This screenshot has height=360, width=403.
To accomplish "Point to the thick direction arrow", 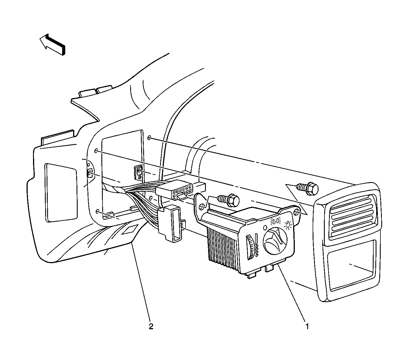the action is tap(52, 45).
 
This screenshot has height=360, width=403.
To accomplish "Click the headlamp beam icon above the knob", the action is tap(276, 221).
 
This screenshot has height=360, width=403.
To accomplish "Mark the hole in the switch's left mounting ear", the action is tap(202, 207).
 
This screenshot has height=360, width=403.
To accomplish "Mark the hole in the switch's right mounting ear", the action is tap(297, 212).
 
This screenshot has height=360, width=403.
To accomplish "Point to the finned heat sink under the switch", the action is tap(223, 247).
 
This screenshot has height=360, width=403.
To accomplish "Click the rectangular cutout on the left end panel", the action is tap(61, 193).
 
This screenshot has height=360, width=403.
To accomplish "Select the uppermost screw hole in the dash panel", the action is tap(149, 138).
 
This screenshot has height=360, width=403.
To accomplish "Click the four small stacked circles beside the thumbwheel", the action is tap(257, 251).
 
